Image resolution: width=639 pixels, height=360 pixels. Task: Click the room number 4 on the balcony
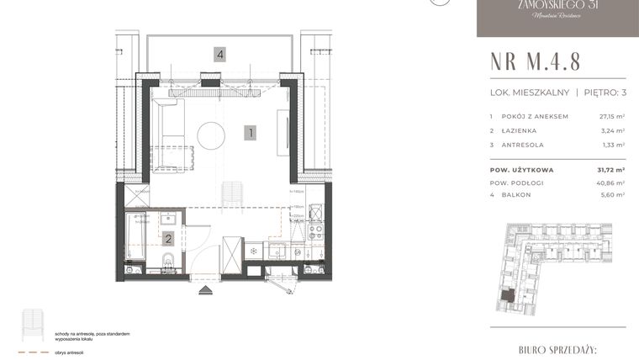219,55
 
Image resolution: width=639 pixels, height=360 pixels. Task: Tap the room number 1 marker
250,132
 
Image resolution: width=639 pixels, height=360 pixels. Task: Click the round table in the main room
211,134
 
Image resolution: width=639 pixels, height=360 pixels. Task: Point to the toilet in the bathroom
166,267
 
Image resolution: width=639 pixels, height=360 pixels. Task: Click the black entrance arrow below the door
205,289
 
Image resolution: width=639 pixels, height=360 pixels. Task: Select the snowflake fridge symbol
253,251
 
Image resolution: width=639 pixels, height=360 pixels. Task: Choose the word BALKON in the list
514,194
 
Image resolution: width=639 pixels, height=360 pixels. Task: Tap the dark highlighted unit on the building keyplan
509,296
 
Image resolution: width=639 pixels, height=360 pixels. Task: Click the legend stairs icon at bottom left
34,324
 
